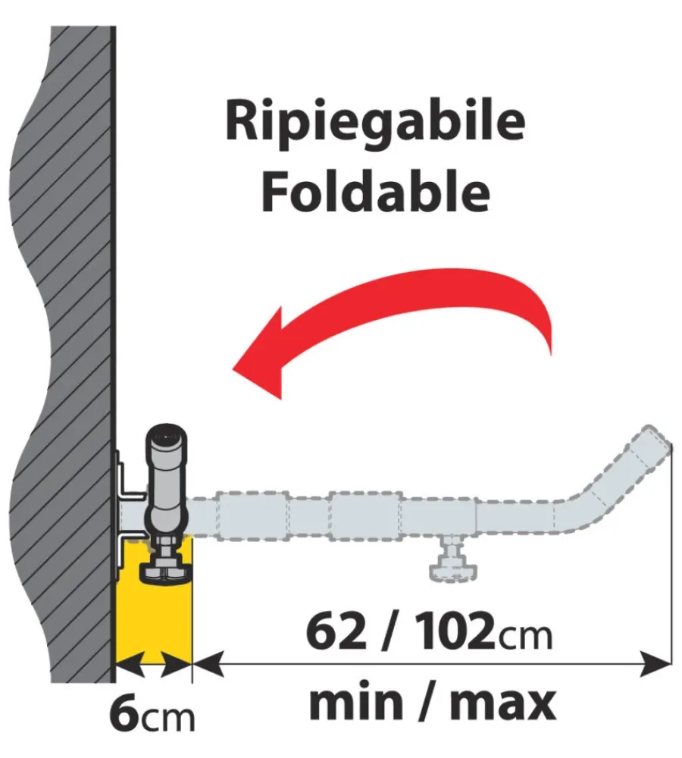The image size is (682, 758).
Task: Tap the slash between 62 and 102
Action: click(x=391, y=634)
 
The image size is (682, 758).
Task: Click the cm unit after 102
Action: click(x=524, y=637)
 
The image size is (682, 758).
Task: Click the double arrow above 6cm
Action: click(x=153, y=665)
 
